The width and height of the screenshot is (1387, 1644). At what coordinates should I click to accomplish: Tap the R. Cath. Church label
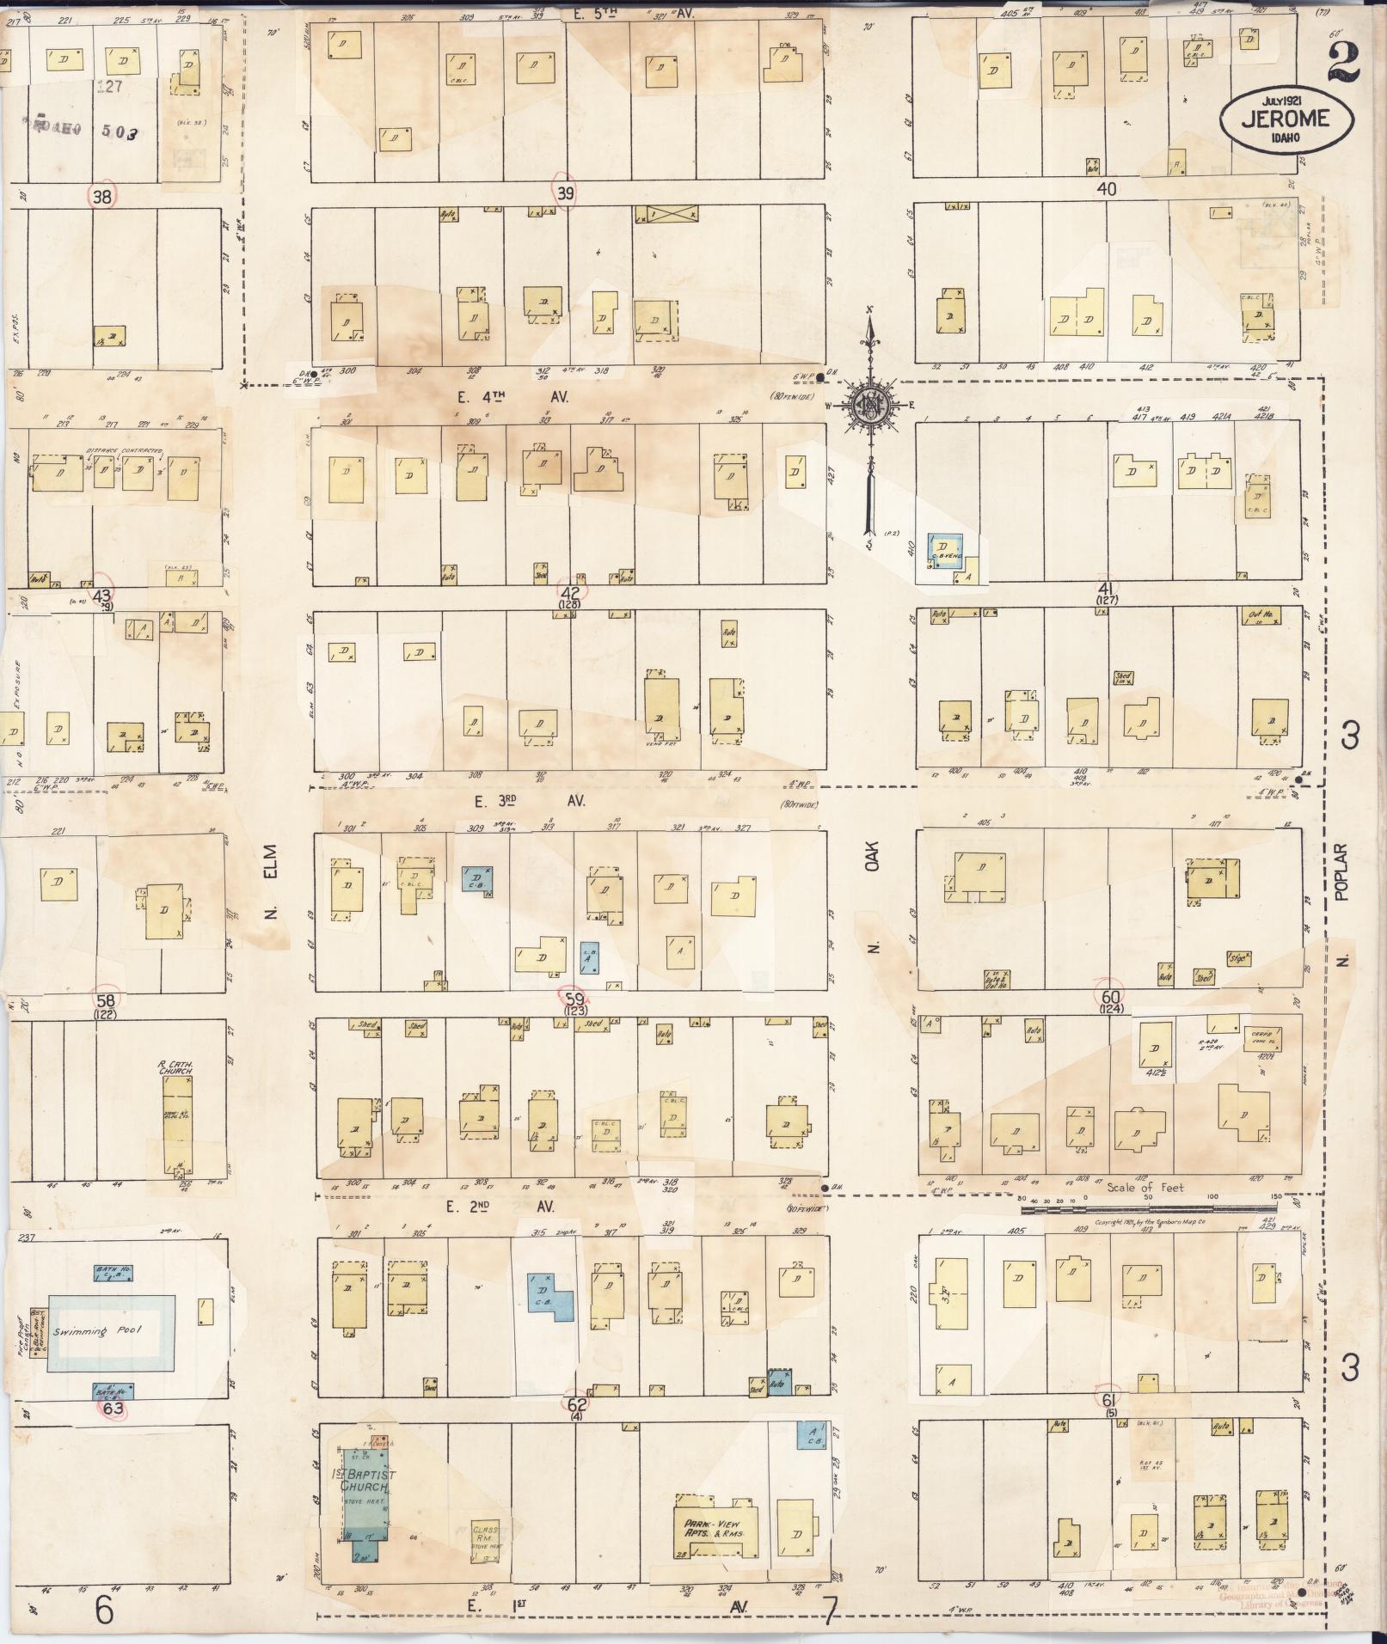tap(174, 1067)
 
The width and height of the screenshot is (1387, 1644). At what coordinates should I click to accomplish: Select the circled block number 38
tap(102, 196)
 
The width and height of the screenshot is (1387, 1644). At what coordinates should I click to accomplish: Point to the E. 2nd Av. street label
tap(500, 1207)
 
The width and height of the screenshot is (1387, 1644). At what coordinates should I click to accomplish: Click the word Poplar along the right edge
tap(1345, 871)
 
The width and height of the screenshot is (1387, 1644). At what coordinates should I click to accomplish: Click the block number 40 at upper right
tap(1106, 190)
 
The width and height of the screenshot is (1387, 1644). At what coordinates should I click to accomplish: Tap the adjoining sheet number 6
tap(104, 1610)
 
